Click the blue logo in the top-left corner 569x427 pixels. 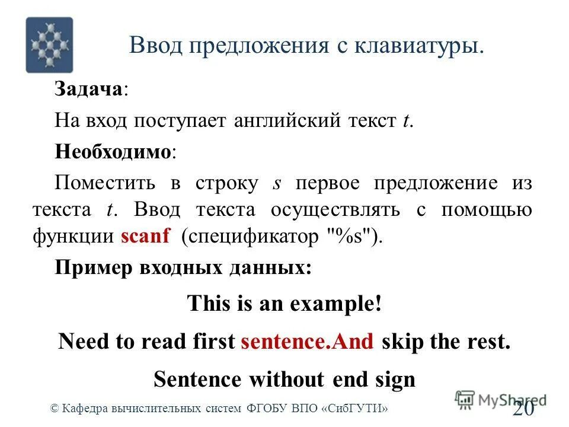[x=49, y=45]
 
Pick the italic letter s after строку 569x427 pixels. [x=276, y=183]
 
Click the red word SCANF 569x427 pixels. [x=145, y=237]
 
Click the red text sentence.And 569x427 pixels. [x=308, y=342]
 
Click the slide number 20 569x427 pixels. [x=524, y=409]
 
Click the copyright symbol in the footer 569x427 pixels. [x=55, y=408]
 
